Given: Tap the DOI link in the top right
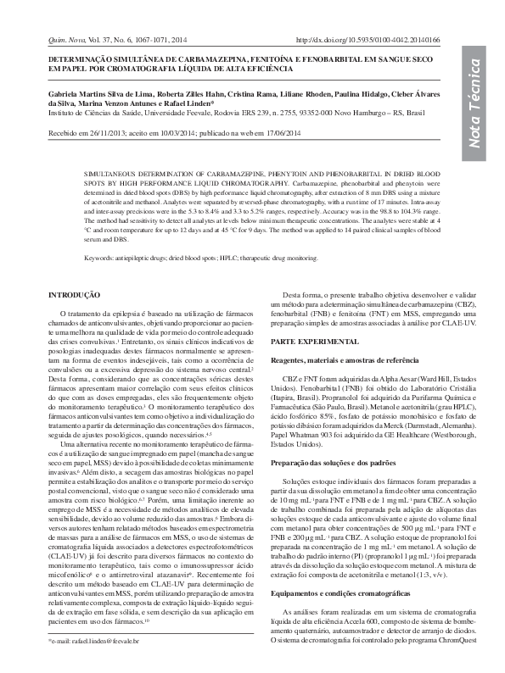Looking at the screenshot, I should [367, 40].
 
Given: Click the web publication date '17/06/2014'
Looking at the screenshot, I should [271, 133].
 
